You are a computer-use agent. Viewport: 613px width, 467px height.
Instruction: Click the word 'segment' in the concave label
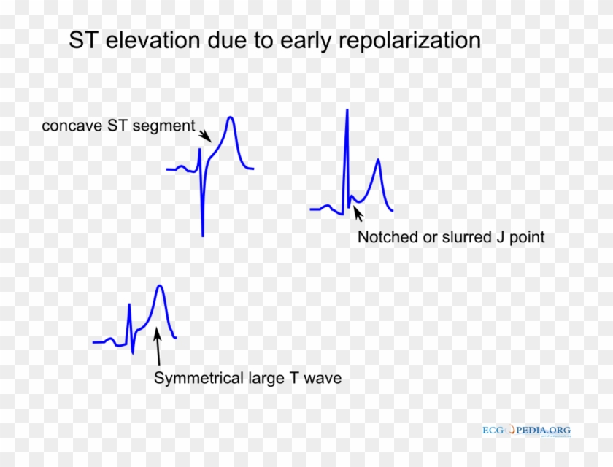click(170, 126)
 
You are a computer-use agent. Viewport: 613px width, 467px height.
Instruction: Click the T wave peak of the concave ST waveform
click(231, 117)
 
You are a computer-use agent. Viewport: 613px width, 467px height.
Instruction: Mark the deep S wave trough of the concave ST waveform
click(202, 234)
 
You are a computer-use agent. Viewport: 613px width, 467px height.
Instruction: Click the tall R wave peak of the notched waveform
click(347, 109)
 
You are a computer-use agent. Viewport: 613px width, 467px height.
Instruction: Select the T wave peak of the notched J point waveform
click(377, 160)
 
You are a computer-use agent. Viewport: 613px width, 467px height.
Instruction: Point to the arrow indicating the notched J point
click(358, 213)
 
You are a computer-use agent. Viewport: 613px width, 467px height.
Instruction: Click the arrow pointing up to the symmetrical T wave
click(157, 347)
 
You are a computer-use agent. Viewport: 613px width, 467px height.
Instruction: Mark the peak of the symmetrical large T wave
click(159, 285)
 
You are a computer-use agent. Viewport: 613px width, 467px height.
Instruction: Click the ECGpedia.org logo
click(526, 431)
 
